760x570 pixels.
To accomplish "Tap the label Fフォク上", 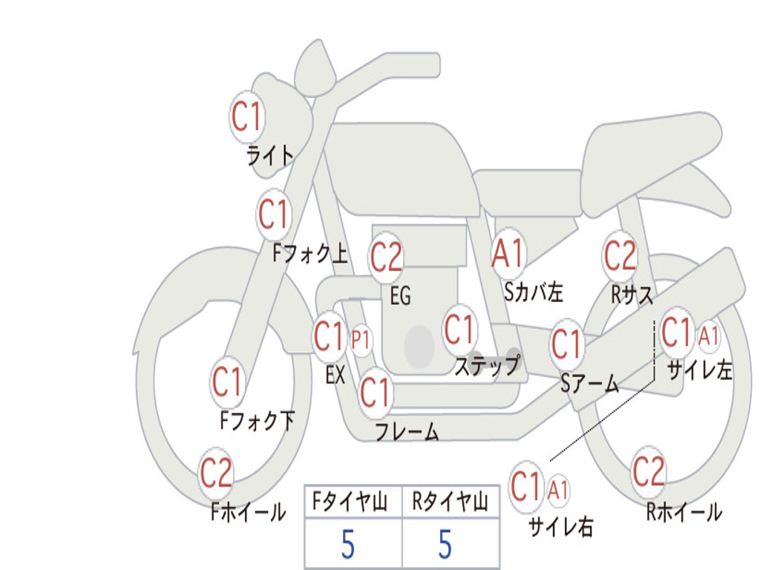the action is coord(309,255).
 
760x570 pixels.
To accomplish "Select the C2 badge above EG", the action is coord(386,258).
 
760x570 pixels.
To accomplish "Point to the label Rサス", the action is coord(632,295).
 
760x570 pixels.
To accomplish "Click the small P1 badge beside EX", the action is coord(361,341).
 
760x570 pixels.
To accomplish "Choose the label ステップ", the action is coord(486,367).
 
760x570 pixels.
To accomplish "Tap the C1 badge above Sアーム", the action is coord(567,344).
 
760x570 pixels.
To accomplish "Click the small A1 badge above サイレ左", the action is coord(709,337).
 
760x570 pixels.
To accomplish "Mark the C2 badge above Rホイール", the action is coord(648,471).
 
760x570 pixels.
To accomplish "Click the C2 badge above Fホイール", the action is coord(216,474).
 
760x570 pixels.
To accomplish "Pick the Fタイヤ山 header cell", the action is coord(353,503).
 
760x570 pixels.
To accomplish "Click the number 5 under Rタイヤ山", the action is coord(445,545).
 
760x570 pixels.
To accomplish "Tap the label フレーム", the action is coord(407,432).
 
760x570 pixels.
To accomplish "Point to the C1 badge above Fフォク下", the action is coord(227,383).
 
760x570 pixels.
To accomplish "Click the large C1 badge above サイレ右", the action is coord(526,487).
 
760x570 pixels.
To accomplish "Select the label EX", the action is coord(335,376).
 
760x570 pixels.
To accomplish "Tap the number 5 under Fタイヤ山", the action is coord(347,545).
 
